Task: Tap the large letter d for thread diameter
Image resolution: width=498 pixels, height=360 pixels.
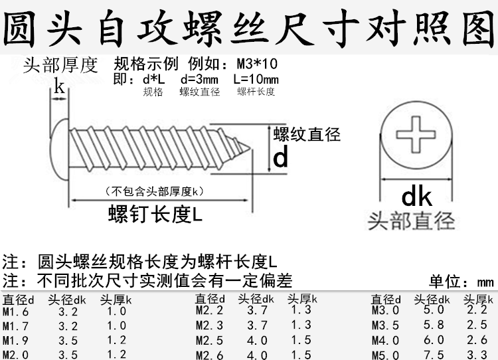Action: coord(281,158)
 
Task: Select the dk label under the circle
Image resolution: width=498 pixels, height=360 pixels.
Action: coord(417,197)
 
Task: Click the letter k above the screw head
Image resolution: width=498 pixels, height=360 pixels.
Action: coord(59,86)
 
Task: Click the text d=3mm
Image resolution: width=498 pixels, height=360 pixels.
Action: coord(199,79)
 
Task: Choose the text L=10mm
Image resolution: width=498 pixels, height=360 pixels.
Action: coord(256,79)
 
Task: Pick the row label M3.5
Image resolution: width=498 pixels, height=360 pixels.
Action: coord(386,325)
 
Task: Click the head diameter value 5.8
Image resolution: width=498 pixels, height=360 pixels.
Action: coord(429,325)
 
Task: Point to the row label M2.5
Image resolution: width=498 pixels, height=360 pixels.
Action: coord(208,340)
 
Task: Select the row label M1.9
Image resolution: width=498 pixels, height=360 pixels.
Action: coord(15,340)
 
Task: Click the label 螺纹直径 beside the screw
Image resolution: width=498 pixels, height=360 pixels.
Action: coord(307,135)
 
